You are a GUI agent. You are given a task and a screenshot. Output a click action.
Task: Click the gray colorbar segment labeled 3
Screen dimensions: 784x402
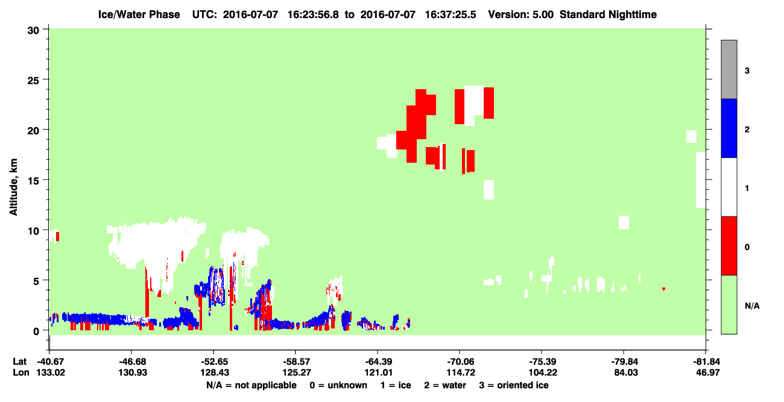(x=729, y=69)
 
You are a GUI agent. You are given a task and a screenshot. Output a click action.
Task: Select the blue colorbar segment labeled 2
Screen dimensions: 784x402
(x=729, y=128)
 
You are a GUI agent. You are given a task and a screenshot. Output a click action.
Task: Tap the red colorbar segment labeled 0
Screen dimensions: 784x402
(x=729, y=246)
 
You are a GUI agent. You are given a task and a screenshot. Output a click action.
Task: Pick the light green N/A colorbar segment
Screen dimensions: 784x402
(x=729, y=304)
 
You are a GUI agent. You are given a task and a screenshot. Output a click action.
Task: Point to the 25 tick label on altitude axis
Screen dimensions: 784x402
(x=33, y=80)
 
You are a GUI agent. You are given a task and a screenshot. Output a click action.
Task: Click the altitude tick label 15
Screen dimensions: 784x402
(x=33, y=181)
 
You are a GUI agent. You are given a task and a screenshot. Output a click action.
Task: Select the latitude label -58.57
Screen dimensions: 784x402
(x=296, y=362)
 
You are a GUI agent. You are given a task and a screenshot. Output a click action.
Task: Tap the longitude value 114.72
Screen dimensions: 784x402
(x=461, y=372)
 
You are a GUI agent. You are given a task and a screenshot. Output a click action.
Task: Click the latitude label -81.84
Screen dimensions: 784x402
(x=707, y=362)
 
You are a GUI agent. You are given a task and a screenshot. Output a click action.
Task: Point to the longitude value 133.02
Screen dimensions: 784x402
(x=51, y=372)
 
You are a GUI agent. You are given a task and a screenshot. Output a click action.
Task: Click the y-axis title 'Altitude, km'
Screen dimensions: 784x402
(x=13, y=187)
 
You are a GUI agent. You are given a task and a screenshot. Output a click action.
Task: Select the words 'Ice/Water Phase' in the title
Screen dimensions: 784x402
(x=139, y=14)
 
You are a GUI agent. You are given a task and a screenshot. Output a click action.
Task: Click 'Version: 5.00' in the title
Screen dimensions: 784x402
(x=521, y=14)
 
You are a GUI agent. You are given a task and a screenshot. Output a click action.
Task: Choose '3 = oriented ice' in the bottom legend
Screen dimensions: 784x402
(x=514, y=385)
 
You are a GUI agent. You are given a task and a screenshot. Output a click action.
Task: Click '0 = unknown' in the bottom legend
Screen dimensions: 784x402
(x=338, y=385)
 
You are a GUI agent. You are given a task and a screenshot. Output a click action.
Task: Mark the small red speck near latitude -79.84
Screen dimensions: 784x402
(x=663, y=289)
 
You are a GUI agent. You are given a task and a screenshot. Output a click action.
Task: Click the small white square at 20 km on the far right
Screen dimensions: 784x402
(x=691, y=136)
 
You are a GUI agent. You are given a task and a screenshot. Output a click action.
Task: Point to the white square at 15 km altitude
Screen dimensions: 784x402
(x=488, y=190)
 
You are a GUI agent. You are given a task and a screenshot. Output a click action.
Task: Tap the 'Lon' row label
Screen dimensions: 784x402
(x=21, y=372)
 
